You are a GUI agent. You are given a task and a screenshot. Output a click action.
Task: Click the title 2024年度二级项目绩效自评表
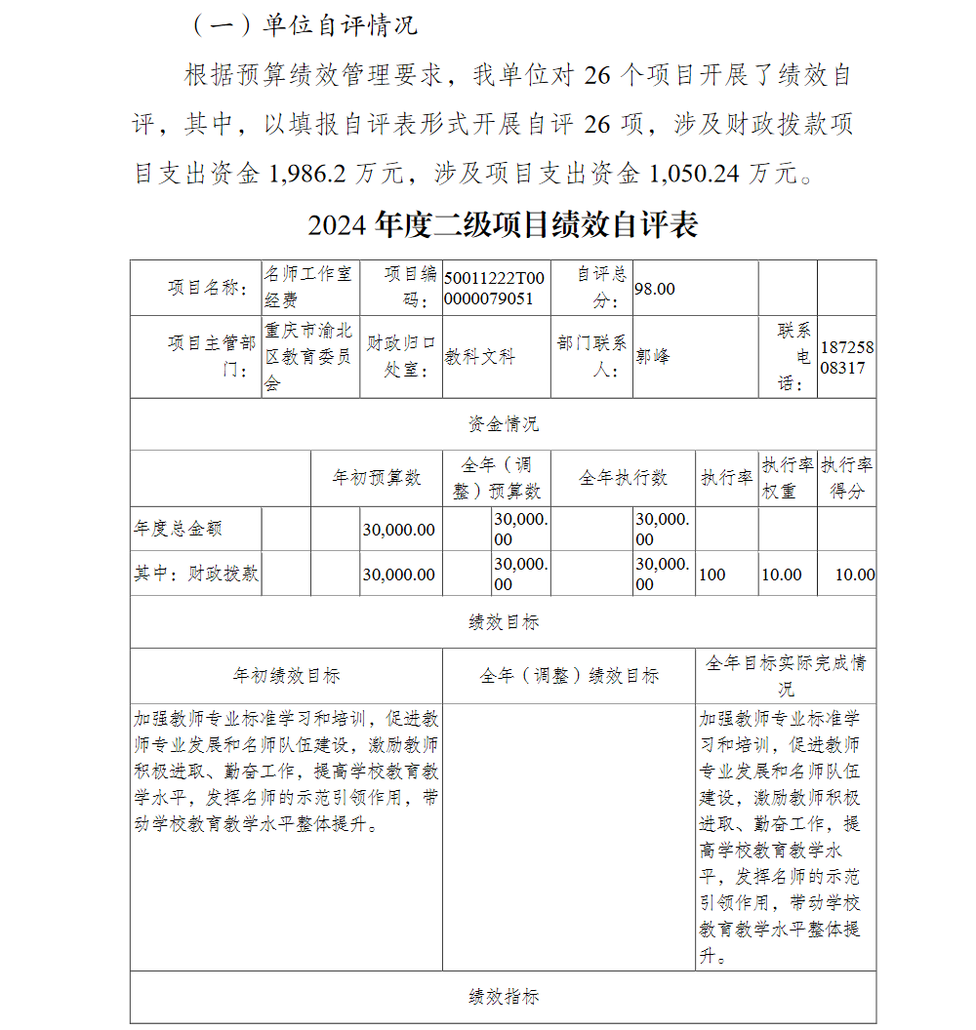503,225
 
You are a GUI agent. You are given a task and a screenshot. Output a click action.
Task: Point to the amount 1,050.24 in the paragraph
694,175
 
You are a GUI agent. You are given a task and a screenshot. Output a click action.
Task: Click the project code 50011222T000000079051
495,288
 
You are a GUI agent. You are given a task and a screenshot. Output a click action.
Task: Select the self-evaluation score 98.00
655,289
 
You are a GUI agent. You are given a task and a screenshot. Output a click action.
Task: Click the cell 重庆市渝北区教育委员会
310,357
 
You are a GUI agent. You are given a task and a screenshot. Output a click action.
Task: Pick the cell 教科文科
480,357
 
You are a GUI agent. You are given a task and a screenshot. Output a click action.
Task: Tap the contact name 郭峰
653,357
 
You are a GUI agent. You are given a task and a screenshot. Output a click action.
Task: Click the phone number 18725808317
847,358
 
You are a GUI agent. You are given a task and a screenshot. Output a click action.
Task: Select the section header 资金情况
503,424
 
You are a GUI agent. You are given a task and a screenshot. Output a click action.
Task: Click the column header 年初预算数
377,478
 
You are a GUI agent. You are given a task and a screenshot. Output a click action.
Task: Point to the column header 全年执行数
623,478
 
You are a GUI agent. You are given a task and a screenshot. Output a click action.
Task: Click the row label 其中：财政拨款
196,574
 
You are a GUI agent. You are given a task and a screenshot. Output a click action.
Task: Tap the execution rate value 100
712,574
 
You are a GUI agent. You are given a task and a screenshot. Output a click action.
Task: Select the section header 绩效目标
503,622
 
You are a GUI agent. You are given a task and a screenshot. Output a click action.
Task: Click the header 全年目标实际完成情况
785,675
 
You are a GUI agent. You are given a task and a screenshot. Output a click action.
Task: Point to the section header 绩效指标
503,997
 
